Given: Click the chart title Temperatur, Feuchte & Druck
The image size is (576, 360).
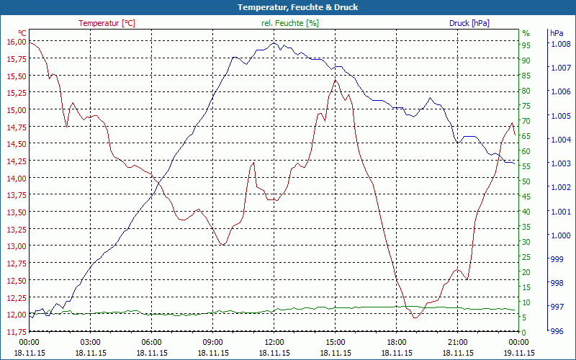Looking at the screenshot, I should (x=288, y=7).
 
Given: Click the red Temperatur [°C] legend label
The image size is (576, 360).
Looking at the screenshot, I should (x=107, y=23).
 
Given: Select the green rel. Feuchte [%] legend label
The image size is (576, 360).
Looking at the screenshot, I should (x=289, y=23).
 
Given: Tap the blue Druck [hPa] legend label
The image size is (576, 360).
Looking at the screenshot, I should (x=469, y=23).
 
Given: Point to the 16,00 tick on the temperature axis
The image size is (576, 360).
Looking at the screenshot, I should (x=15, y=42).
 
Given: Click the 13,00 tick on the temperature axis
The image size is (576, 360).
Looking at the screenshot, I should (x=15, y=246).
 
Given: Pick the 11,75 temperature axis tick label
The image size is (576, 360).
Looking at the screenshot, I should (x=15, y=332).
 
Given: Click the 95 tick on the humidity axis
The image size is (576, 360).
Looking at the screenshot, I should (x=526, y=45).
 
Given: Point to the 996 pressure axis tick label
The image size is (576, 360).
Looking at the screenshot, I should (x=557, y=332).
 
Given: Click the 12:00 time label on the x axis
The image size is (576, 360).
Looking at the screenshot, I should (x=274, y=342).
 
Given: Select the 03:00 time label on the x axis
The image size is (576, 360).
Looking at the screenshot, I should (x=91, y=342).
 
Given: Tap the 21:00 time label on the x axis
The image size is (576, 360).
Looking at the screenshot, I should (x=458, y=342).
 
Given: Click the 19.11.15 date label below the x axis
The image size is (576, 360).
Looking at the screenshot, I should (x=519, y=353).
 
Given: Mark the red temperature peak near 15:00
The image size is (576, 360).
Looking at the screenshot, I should (x=336, y=81).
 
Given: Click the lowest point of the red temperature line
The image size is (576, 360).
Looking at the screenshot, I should (x=415, y=317).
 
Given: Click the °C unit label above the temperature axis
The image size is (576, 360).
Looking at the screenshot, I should (x=22, y=33).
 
